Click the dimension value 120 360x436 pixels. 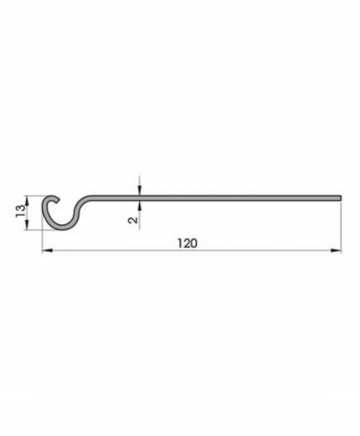[186, 244]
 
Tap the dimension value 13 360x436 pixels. [20, 212]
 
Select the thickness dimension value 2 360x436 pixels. [133, 220]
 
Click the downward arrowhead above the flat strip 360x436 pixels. [140, 191]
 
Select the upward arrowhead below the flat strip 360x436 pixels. [140, 205]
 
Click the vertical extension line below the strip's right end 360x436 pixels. [341, 225]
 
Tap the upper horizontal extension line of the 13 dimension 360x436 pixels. [34, 195]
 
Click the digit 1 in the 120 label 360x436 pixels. [180, 244]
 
